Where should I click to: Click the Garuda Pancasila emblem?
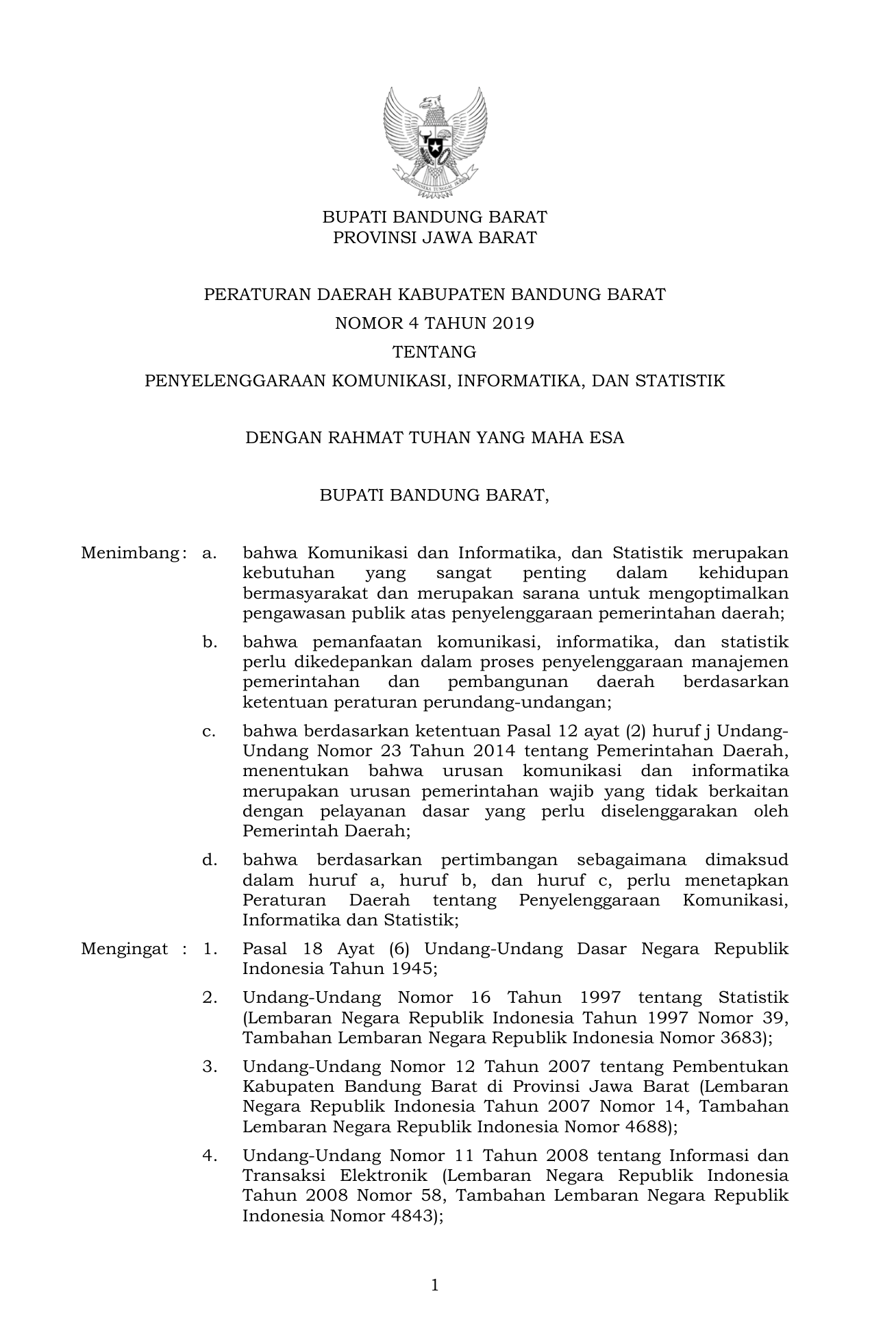pos(435,142)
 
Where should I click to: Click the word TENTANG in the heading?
pos(434,352)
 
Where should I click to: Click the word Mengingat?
pos(124,949)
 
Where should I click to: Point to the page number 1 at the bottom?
pos(435,1285)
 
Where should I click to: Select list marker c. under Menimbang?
pos(209,731)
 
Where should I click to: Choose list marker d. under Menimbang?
pos(209,860)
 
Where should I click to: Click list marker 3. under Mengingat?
pos(210,1066)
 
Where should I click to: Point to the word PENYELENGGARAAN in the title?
pos(236,381)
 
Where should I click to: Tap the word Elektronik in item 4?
pos(382,1175)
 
